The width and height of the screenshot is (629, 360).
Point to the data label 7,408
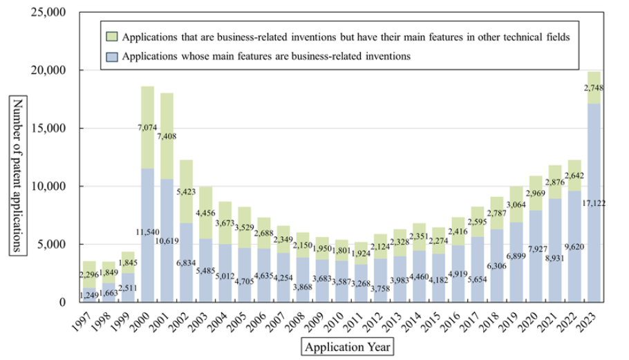[167, 136]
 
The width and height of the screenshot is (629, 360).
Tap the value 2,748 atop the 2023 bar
[594, 87]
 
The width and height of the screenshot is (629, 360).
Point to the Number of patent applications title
[17, 176]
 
